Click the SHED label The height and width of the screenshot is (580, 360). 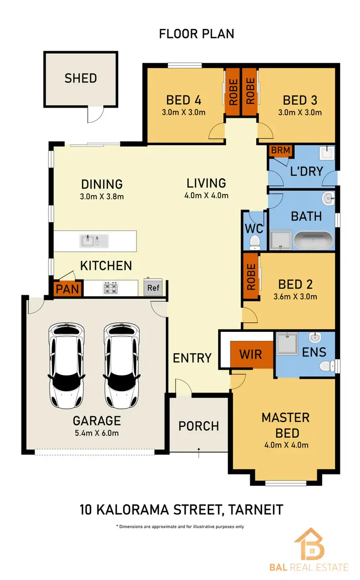coord(81,78)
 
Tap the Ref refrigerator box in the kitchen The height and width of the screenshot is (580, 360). coord(153,288)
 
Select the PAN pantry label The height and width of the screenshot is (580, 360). coord(68,290)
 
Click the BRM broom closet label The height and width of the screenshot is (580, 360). coord(280,150)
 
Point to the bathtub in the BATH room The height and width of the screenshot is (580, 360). coord(312,240)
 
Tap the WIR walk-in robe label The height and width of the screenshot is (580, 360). coord(251,354)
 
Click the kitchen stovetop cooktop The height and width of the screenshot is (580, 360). coord(111,288)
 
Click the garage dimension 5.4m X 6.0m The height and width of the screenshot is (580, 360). coord(96,433)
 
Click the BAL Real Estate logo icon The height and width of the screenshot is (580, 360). coord(309,544)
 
